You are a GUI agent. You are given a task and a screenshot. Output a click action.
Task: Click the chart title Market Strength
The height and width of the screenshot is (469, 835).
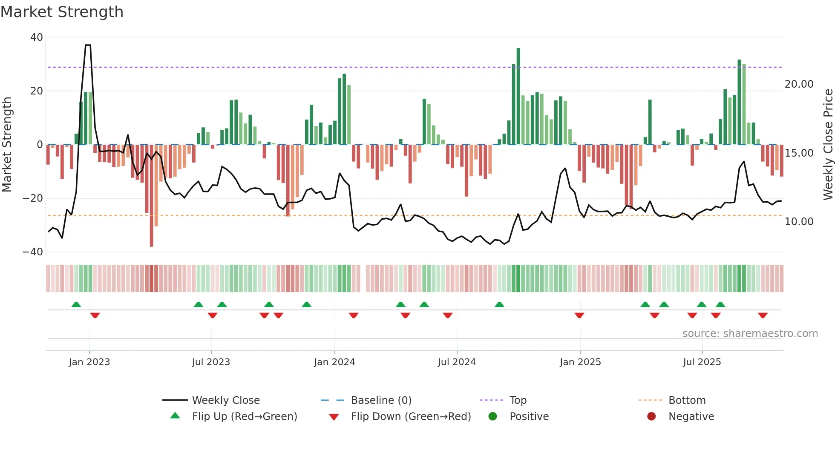point(62,12)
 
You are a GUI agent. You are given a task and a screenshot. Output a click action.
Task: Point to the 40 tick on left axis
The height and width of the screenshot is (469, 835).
point(37,37)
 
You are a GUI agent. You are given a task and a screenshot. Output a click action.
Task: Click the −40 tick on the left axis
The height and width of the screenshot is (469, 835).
point(33,252)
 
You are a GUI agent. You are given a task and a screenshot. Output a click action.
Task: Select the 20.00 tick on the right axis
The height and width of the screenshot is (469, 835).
point(799,84)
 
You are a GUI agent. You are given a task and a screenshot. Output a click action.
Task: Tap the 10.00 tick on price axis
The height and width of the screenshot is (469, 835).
point(799,222)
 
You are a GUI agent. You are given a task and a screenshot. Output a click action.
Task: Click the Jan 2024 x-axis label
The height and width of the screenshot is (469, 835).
point(334,362)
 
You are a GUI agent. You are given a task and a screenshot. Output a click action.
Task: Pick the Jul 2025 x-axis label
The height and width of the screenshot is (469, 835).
point(702,362)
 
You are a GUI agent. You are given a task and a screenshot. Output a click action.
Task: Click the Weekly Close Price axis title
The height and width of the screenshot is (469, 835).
point(828,145)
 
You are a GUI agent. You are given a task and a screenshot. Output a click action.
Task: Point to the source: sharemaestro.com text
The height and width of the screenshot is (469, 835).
point(750,334)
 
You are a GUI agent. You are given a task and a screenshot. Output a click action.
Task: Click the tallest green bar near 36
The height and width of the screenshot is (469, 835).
point(518,96)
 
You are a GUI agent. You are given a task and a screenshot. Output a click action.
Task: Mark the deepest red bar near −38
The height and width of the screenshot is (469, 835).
point(151,196)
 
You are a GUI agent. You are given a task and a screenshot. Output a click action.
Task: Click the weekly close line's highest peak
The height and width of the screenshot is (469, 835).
point(88,45)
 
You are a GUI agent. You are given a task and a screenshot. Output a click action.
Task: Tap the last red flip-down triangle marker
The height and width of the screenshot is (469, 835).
point(763,315)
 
